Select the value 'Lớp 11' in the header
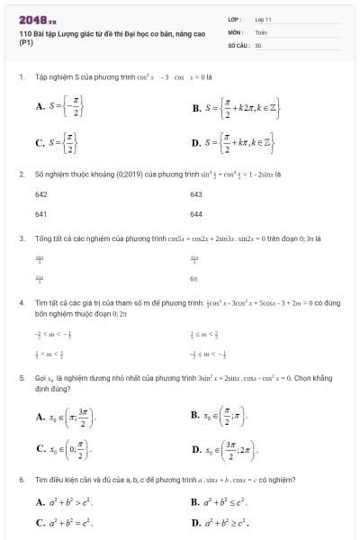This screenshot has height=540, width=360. click(x=263, y=18)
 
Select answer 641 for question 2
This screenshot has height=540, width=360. click(x=41, y=214)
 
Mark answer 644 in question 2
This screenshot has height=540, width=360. click(x=197, y=214)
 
